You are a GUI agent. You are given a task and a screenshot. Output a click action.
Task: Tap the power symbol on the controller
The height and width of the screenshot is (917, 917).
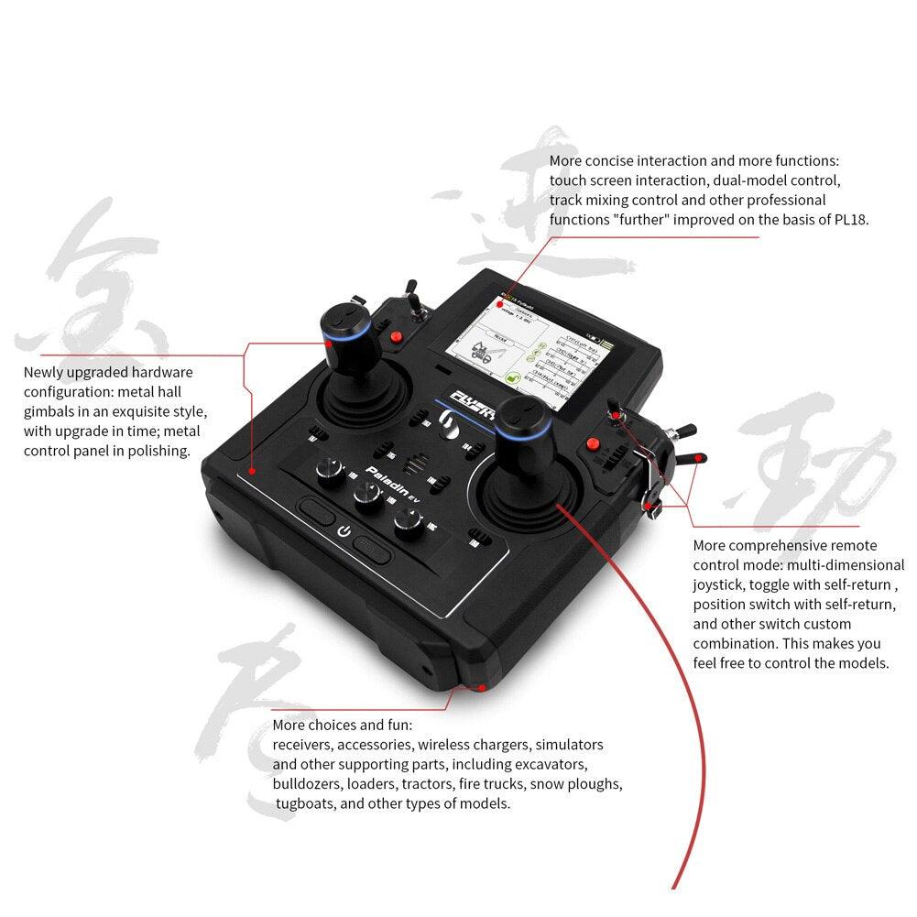pos(344,531)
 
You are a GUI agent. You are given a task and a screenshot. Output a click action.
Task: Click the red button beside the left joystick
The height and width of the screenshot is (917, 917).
pos(397,337)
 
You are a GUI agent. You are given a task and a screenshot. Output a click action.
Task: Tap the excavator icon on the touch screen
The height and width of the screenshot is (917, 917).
pos(480,354)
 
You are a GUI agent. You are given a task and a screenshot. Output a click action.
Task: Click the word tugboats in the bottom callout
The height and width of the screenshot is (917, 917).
pos(304,803)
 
